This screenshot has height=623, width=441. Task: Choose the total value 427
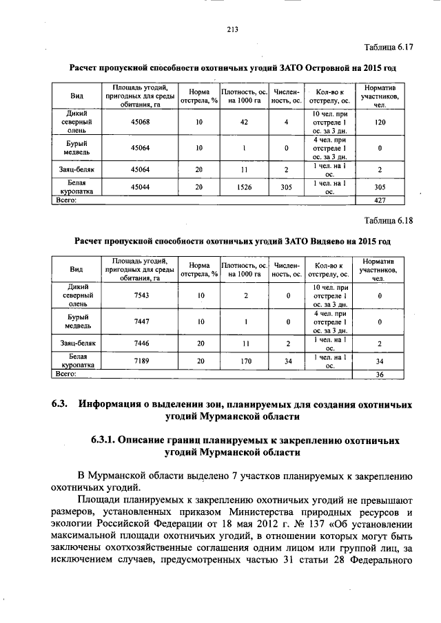[x=379, y=200]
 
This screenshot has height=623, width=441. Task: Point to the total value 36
[x=379, y=374]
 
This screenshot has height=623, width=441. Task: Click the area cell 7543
[x=141, y=295]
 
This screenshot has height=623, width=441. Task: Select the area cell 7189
[x=141, y=360]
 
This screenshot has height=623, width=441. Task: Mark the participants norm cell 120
[x=379, y=121]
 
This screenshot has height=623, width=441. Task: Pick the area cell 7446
[x=141, y=342]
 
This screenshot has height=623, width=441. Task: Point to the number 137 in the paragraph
[x=278, y=524]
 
